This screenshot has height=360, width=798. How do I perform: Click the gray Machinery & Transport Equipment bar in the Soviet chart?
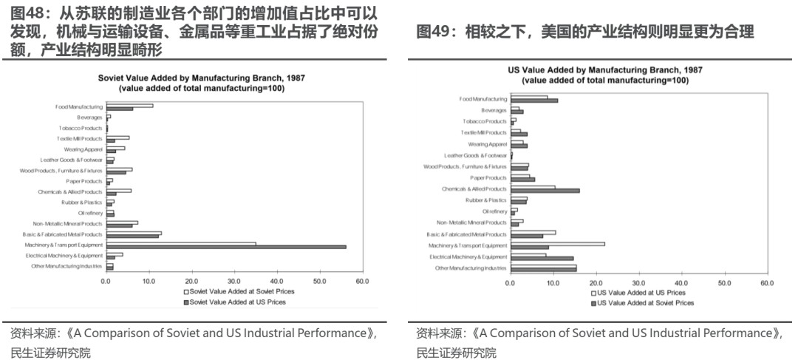225,247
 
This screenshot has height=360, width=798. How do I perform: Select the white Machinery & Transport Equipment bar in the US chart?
557,243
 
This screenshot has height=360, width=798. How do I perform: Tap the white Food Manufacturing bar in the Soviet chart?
129,105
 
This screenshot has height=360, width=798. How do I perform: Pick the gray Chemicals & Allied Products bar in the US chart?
545,191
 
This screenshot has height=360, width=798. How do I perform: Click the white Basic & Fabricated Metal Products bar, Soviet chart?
134,233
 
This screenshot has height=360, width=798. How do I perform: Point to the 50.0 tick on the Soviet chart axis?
320,282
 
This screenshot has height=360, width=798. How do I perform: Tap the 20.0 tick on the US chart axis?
596,283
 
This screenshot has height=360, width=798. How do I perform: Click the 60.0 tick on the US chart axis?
766,283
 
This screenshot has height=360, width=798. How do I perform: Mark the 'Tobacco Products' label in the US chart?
485,121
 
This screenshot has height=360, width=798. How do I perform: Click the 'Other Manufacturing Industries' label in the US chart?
471,268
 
